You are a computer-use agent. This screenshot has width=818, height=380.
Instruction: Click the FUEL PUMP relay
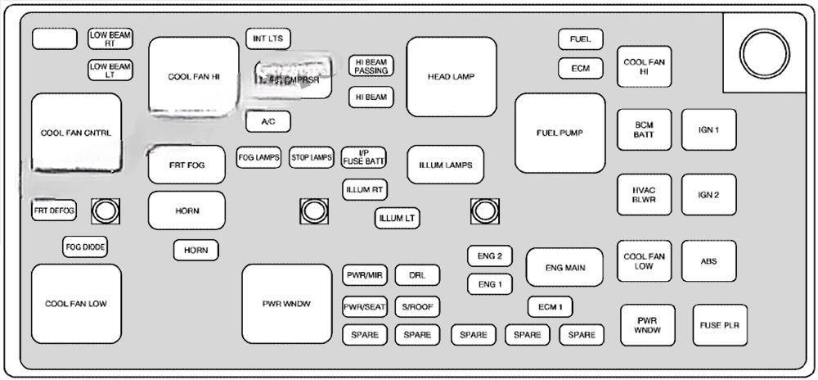click(560, 133)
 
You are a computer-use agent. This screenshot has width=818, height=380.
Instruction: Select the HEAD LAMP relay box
click(451, 77)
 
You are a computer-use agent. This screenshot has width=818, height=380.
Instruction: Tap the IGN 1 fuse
click(708, 129)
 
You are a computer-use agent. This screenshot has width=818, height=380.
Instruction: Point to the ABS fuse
click(708, 261)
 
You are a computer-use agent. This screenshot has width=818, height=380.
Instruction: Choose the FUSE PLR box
click(719, 325)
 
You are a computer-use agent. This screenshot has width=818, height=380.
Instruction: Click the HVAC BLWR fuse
click(644, 195)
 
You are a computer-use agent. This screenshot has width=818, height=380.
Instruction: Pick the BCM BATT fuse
click(644, 129)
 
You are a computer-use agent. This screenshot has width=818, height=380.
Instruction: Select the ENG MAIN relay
click(564, 266)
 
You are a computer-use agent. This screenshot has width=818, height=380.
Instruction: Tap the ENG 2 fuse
click(490, 256)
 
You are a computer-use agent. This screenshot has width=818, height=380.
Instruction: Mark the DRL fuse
click(417, 275)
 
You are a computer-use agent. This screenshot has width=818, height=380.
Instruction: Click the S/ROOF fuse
click(417, 306)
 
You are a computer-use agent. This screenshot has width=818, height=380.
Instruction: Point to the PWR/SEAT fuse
click(365, 306)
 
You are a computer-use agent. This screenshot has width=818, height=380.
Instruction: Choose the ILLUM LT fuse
click(398, 219)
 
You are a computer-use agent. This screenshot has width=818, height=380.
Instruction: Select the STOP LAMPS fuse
click(312, 157)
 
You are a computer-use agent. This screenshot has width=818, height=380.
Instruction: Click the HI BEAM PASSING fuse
click(371, 66)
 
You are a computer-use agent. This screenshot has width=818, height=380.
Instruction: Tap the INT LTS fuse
click(268, 38)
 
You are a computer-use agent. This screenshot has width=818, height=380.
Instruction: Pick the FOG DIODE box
click(85, 246)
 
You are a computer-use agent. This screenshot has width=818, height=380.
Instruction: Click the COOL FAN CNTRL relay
click(76, 133)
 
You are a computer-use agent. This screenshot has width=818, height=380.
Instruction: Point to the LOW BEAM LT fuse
click(110, 70)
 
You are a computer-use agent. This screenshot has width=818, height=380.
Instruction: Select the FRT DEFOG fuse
click(54, 210)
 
